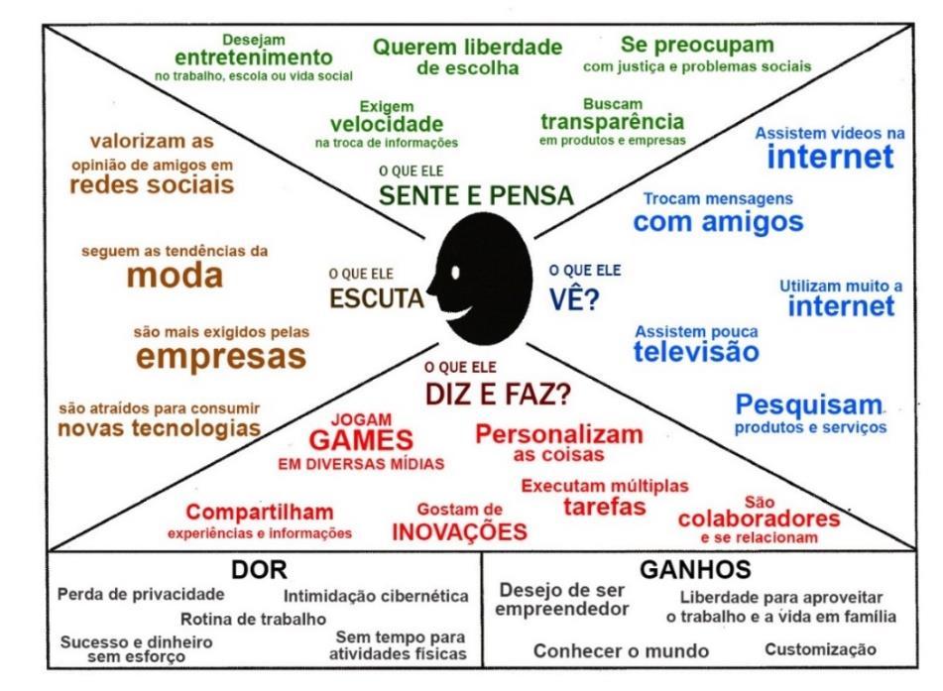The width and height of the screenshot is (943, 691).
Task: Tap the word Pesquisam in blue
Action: (x=809, y=405)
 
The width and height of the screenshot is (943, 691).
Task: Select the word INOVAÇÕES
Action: (x=458, y=530)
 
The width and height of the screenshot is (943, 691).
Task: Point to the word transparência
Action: (x=612, y=122)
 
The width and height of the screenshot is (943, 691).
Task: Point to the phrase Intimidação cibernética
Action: (x=376, y=596)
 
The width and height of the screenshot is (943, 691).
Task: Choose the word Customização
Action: (x=821, y=649)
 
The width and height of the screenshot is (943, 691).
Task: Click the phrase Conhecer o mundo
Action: (x=622, y=650)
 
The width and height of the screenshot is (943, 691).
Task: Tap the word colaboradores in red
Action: (x=759, y=518)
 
